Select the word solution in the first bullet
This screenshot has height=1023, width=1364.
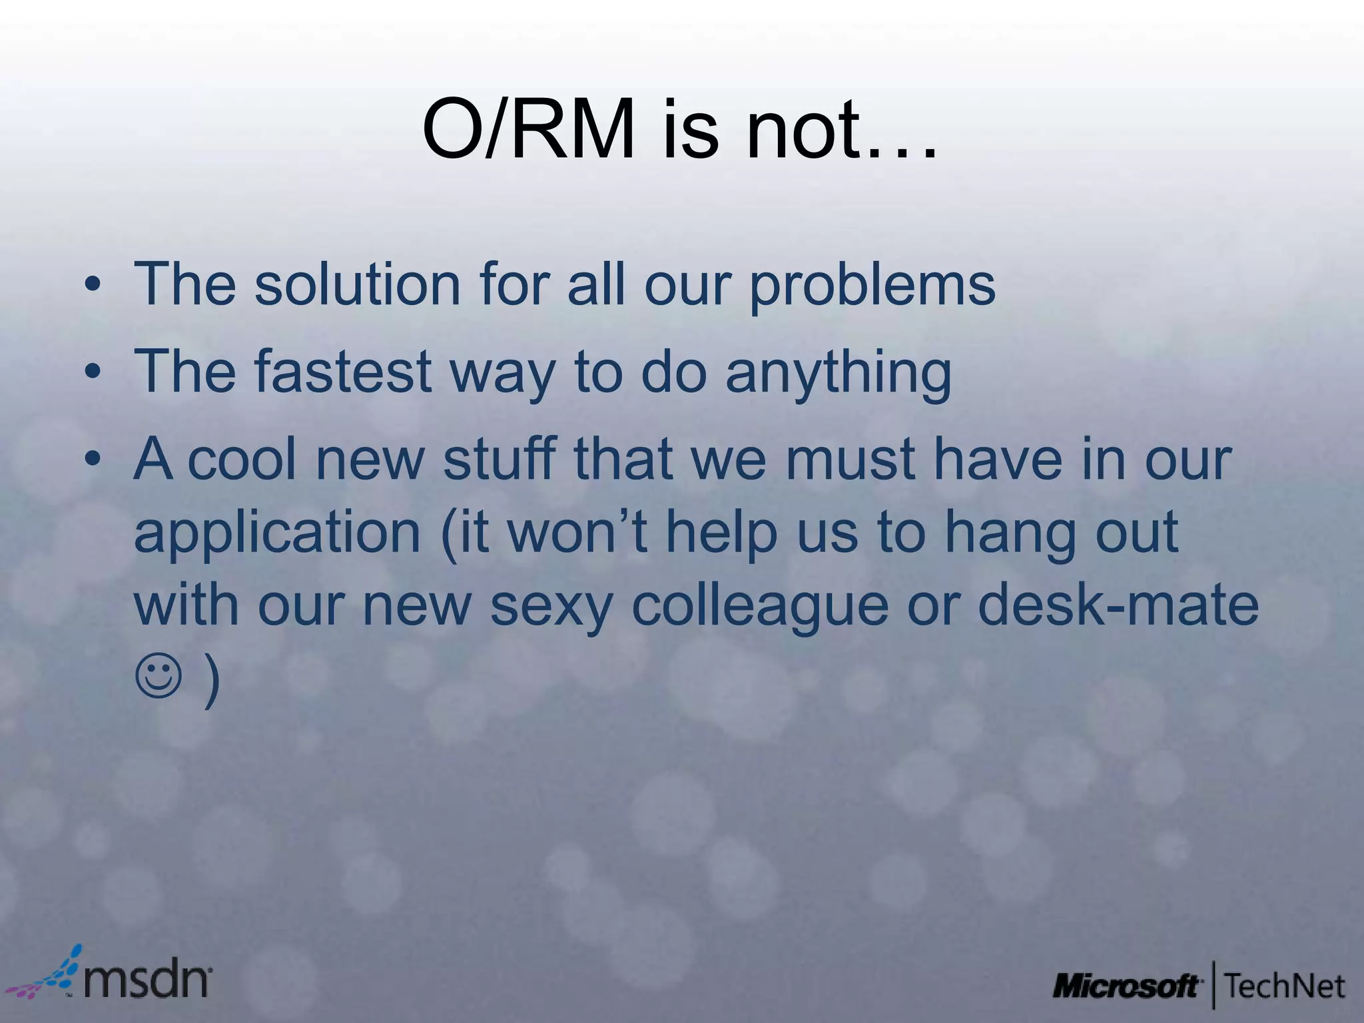[357, 284]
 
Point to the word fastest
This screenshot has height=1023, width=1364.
[343, 371]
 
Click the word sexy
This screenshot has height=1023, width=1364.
[550, 607]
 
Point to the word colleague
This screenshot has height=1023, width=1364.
[759, 607]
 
